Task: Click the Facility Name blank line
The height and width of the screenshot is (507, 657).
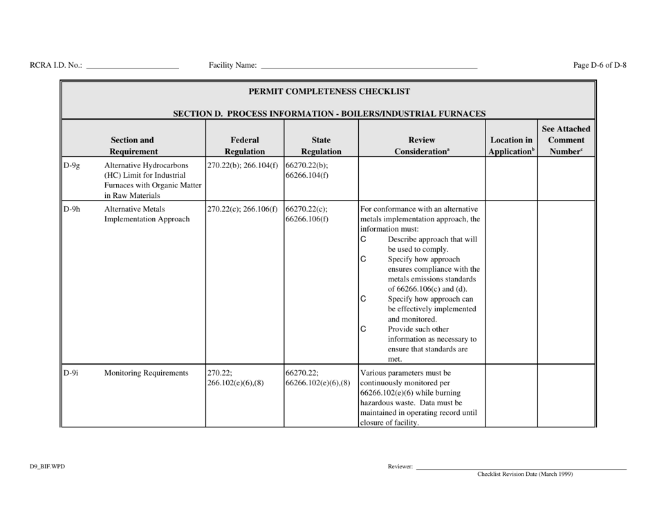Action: click(x=369, y=67)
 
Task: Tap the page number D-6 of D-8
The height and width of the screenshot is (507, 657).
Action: click(x=600, y=66)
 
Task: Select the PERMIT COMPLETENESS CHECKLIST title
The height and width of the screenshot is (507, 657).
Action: click(x=328, y=91)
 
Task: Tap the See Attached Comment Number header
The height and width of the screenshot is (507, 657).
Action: click(x=566, y=138)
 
